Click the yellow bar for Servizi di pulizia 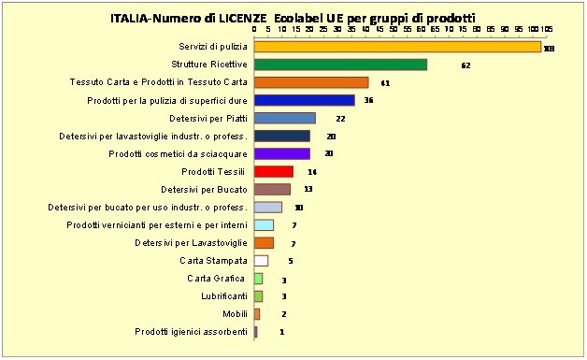(x=397, y=47)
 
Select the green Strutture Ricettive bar (x=340, y=65)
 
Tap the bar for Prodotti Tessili (x=274, y=171)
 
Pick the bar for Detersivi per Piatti (x=285, y=118)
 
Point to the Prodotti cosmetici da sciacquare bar (x=282, y=153)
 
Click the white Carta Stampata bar (x=261, y=260)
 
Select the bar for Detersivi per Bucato (x=272, y=189)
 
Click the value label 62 (x=466, y=65)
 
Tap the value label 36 (x=368, y=101)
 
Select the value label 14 (x=311, y=172)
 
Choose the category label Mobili (x=235, y=313)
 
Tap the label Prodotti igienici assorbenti (x=191, y=331)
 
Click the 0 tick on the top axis (x=255, y=29)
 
